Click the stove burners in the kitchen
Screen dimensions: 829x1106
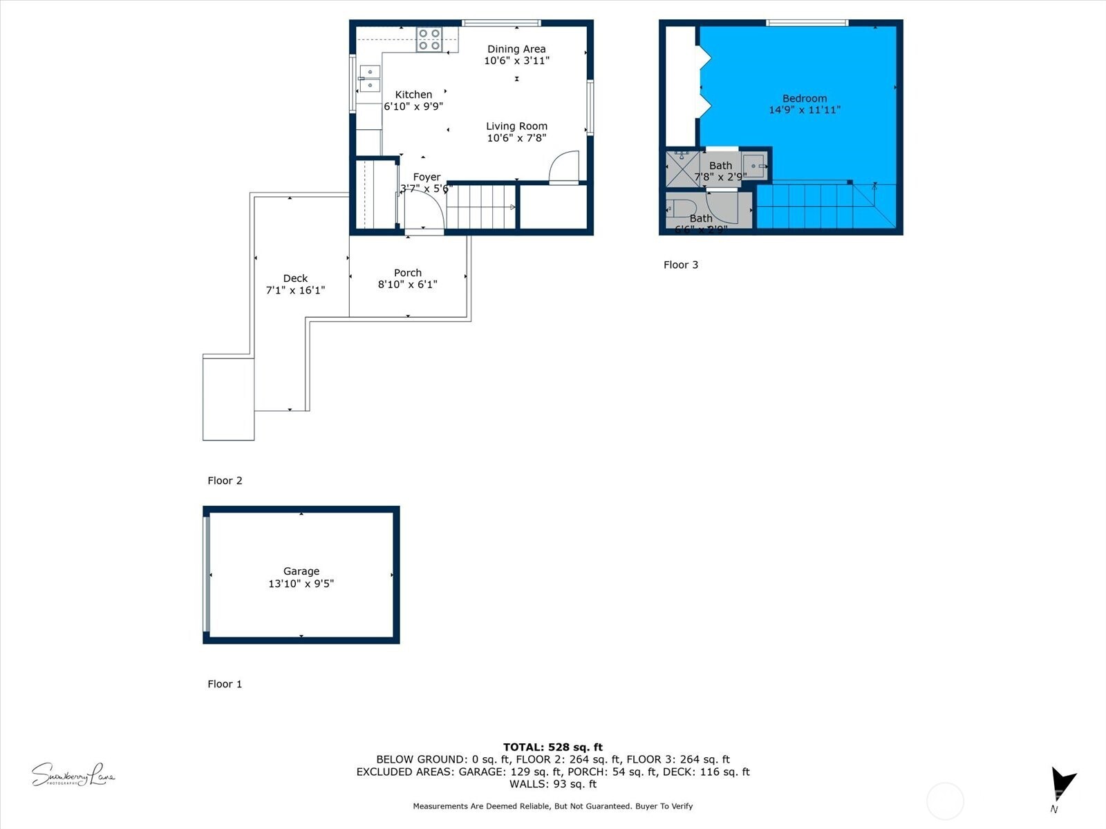coord(429,39)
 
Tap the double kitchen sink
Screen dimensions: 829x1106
coord(369,78)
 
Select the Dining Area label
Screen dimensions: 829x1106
coord(516,49)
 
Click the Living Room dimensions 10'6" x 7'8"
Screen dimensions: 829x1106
coord(516,138)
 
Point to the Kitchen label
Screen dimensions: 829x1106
coord(413,95)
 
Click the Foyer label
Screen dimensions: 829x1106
coord(427,178)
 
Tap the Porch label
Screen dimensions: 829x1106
coord(408,273)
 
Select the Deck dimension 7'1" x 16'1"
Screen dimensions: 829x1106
coord(295,291)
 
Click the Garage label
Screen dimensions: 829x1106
coord(301,571)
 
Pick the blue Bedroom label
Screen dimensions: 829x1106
coord(805,99)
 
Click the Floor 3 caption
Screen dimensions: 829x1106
coord(680,265)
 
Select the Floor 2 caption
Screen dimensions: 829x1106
coord(225,481)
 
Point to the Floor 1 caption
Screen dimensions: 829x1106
coord(225,684)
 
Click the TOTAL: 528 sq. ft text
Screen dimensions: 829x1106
coord(552,747)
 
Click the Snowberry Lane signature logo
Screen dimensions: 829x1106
coord(73,775)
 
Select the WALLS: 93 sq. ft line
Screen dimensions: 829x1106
coord(552,784)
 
